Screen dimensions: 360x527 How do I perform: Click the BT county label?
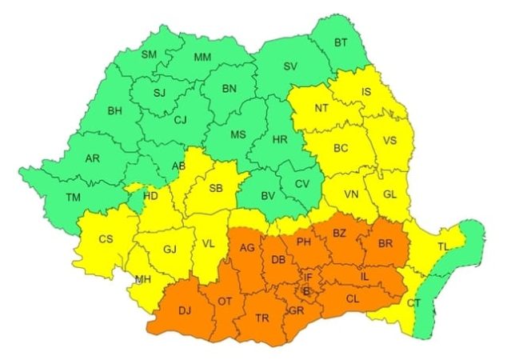coord(341,42)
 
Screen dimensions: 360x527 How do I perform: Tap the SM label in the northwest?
coord(149,54)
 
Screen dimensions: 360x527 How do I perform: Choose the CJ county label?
coord(181,121)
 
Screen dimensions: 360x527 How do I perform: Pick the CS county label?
coord(106,238)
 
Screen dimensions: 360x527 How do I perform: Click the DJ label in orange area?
coord(185,310)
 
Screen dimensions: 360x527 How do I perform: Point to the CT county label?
coord(413,303)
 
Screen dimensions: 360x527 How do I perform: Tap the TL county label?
coord(443,247)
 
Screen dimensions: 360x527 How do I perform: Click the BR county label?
coord(385,242)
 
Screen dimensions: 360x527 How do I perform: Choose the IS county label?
coord(366,92)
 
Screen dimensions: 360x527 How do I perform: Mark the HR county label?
coord(280,139)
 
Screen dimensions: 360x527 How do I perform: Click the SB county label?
coord(215,189)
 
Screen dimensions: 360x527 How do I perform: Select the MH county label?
coord(143,279)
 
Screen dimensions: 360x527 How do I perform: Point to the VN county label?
coord(350,194)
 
